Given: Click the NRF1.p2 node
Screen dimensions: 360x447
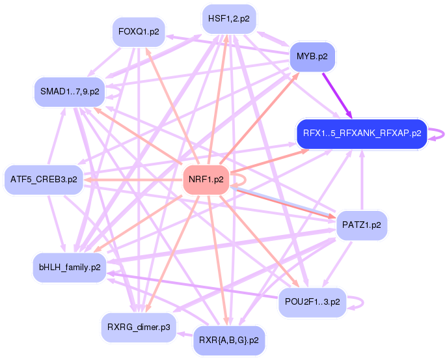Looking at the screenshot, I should [206, 179].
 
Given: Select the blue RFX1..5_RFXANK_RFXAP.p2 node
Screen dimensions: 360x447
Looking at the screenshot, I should [361, 134].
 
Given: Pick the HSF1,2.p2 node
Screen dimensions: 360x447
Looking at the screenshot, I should [228, 19].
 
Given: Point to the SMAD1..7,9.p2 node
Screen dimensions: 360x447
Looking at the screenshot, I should [70, 92].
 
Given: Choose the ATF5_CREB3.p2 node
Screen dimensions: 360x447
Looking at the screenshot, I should [44, 179].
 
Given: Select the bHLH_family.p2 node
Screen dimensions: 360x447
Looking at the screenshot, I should [69, 267].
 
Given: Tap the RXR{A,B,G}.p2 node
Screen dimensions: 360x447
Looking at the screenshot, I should [228, 340].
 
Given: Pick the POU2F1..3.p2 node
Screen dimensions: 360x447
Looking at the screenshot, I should [313, 301].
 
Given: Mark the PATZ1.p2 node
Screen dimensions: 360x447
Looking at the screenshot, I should [361, 225].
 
